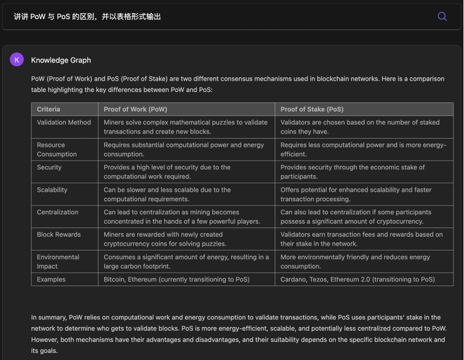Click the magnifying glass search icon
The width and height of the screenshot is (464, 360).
[442, 16]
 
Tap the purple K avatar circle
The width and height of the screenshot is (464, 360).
[17, 60]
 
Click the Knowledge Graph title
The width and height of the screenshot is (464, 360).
[61, 60]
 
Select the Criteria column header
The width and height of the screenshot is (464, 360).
[49, 109]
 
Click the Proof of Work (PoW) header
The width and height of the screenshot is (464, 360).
[135, 109]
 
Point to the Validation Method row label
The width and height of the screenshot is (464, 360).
[64, 123]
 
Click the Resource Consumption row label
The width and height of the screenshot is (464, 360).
[57, 149]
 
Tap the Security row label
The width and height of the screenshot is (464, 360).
[49, 167]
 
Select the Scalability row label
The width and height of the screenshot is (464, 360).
[52, 190]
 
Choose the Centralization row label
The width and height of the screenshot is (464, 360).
[58, 212]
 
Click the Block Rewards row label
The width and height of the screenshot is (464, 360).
[59, 235]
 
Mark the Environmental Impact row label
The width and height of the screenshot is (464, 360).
[58, 261]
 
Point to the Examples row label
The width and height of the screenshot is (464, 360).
[51, 279]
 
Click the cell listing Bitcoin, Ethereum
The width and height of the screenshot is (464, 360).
[176, 279]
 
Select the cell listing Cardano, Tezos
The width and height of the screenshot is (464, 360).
[357, 279]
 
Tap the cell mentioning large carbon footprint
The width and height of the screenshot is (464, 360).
[186, 261]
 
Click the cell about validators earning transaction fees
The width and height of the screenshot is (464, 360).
[361, 239]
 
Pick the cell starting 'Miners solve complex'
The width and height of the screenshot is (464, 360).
[185, 127]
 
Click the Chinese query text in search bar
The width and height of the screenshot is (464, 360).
[88, 17]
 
